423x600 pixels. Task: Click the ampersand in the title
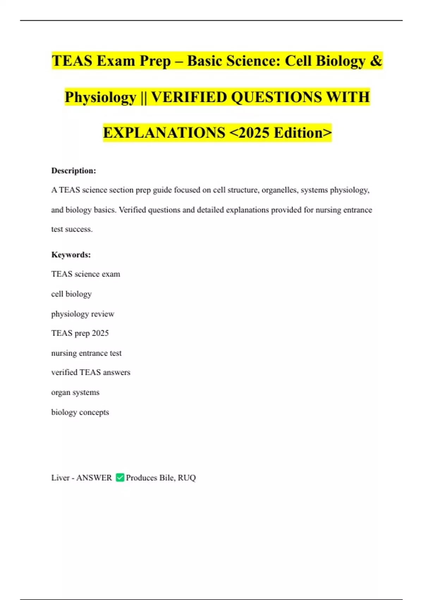[376, 61]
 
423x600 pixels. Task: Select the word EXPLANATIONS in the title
[164, 133]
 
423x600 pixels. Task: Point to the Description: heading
[74, 171]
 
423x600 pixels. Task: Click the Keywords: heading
[71, 255]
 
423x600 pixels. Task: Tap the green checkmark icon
[120, 478]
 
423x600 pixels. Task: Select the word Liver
[60, 478]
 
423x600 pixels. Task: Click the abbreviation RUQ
[187, 478]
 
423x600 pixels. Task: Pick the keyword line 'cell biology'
[71, 294]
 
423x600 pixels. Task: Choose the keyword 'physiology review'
[82, 314]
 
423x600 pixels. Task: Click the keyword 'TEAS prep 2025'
[80, 333]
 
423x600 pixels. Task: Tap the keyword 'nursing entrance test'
[86, 353]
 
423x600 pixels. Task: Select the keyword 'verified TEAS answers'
[91, 372]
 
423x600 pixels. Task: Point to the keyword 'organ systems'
[75, 392]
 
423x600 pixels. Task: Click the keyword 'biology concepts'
[80, 412]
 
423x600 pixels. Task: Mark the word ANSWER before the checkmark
[94, 478]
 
